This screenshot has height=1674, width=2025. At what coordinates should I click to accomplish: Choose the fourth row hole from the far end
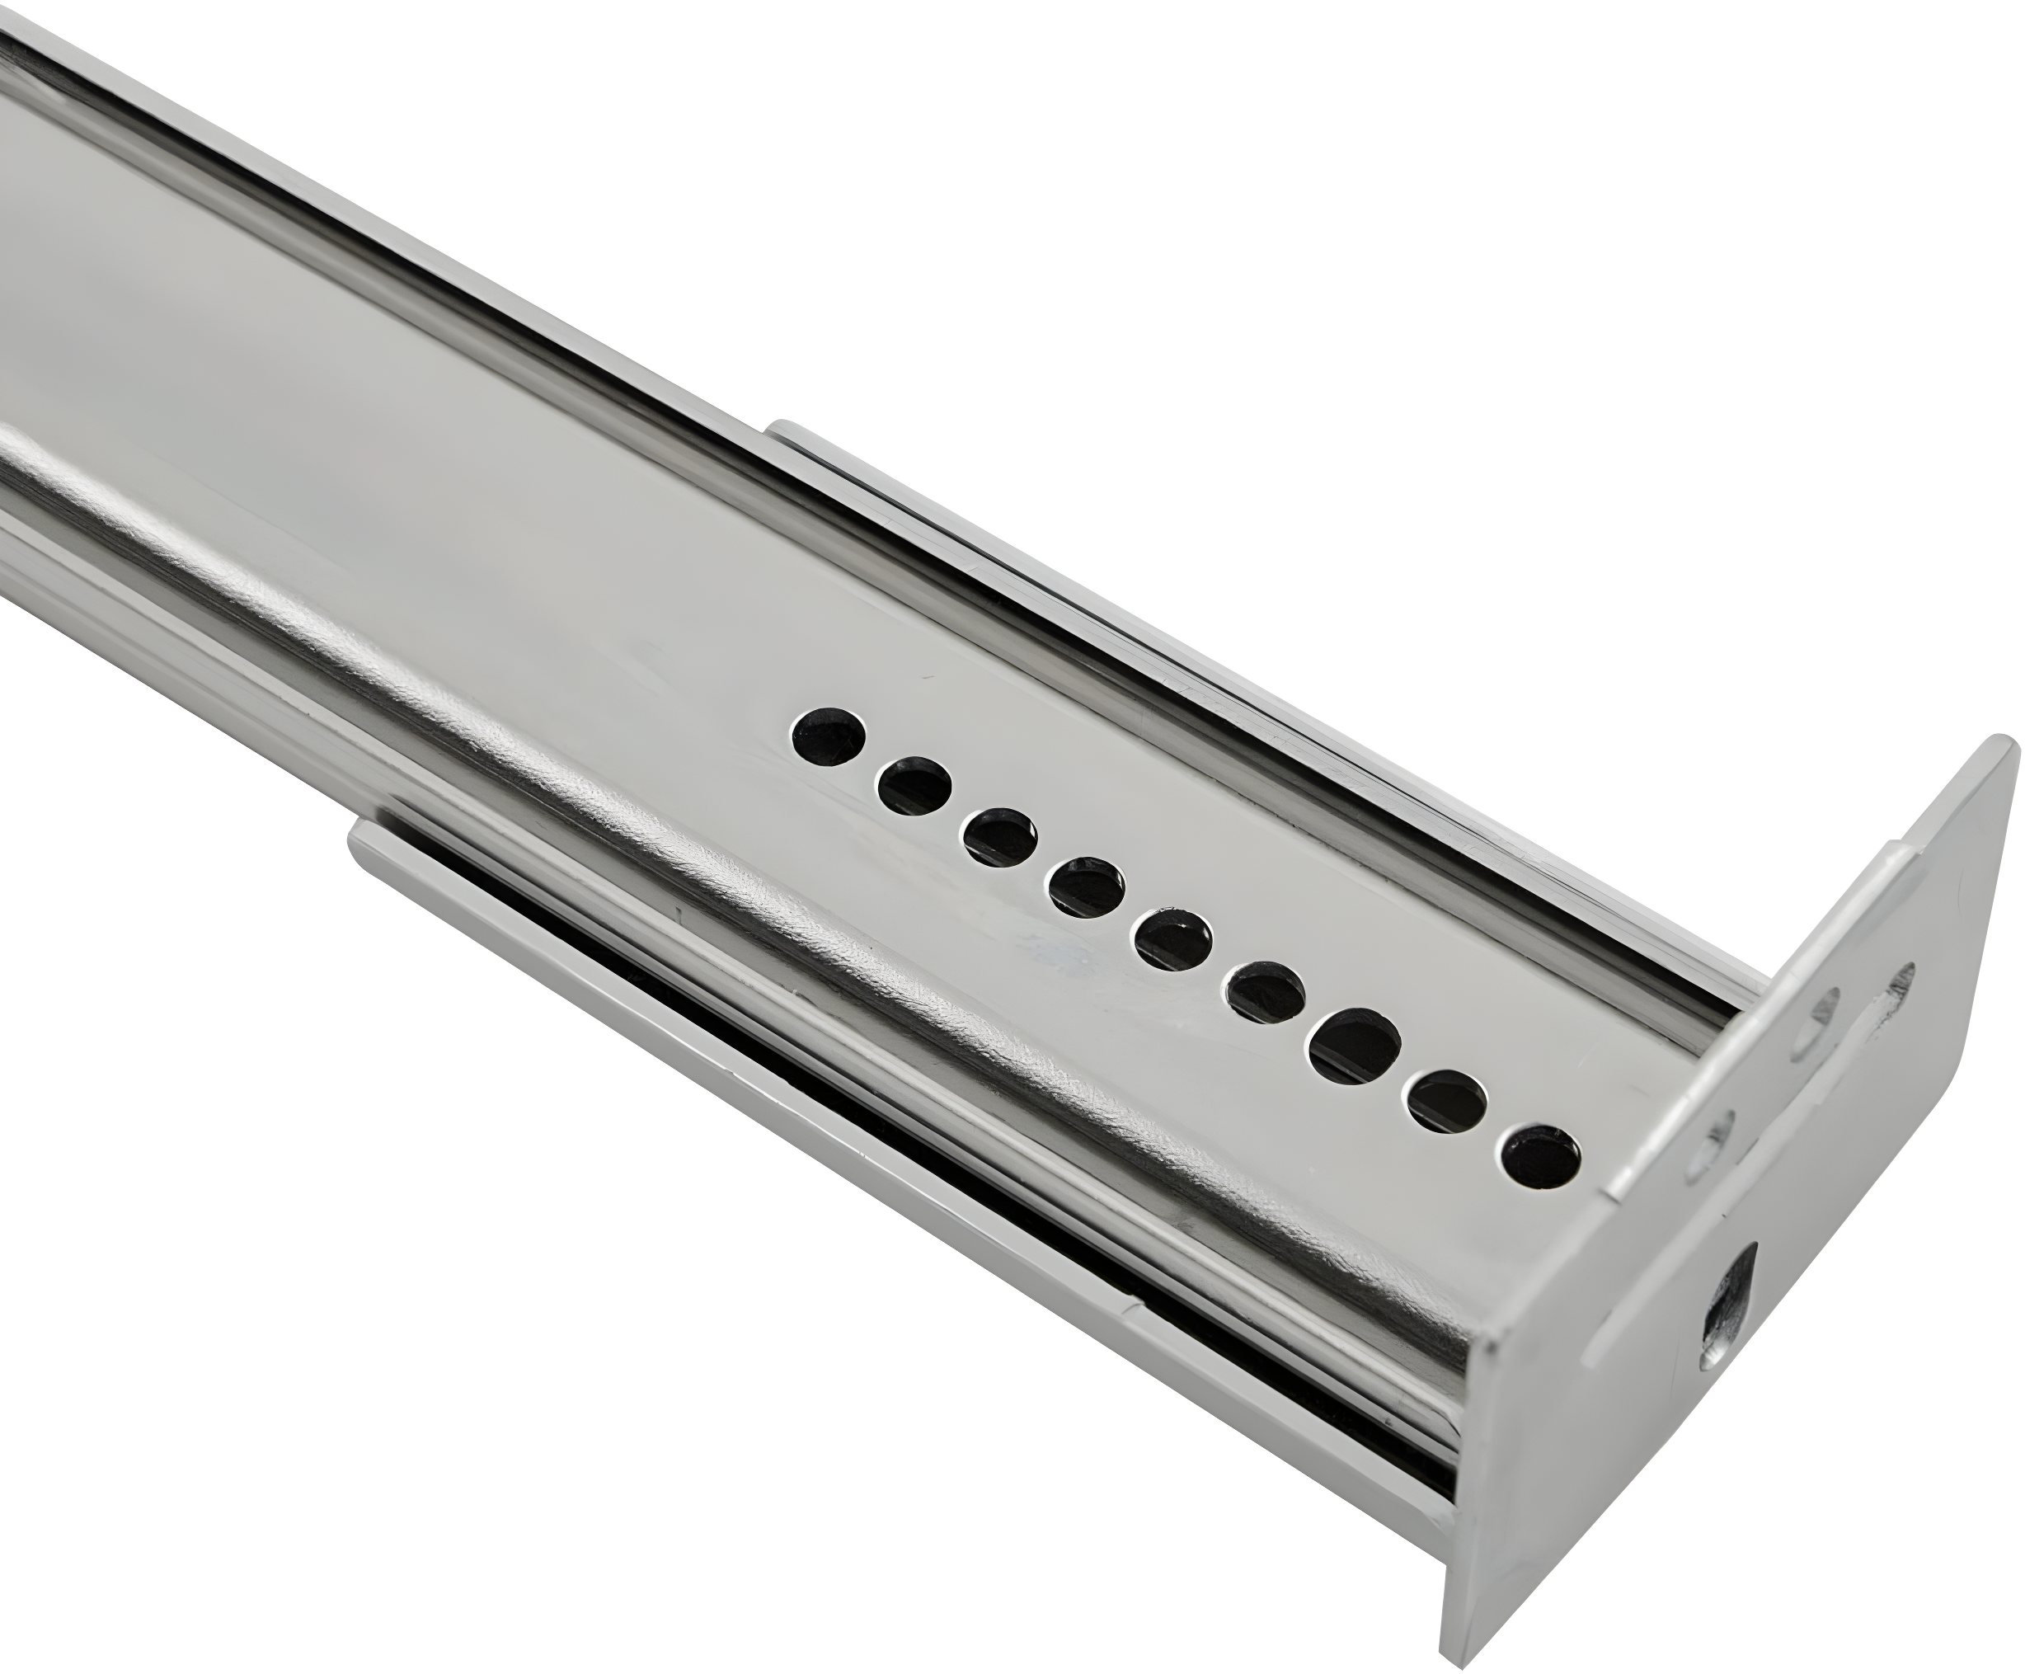click(x=1087, y=887)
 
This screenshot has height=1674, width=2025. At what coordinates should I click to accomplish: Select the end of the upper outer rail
click(x=783, y=432)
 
